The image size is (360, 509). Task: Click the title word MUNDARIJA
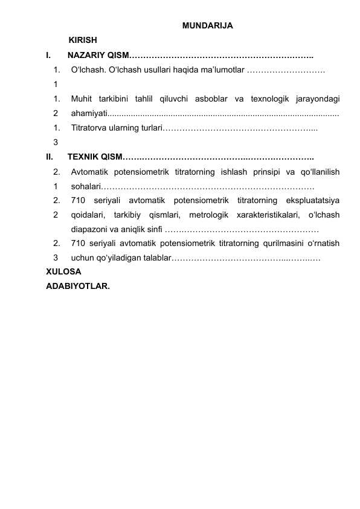207,25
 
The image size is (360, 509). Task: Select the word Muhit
82,99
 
